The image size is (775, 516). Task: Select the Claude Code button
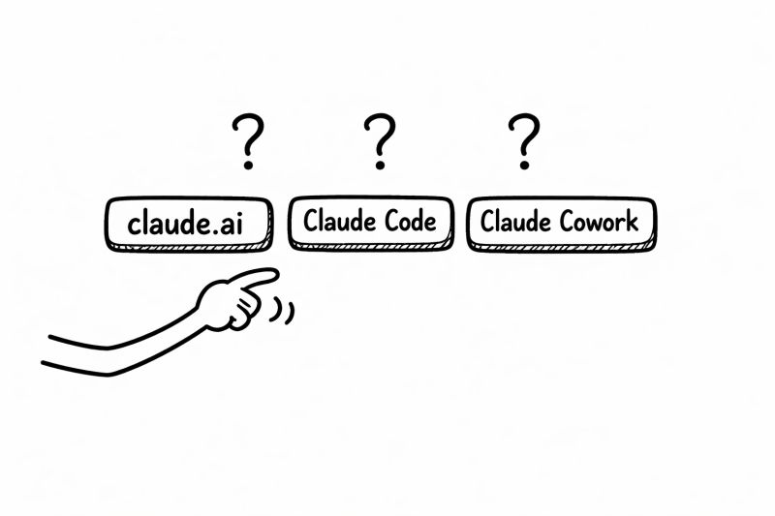(370, 223)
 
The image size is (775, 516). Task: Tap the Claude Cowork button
(560, 223)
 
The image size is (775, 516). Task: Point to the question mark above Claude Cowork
(524, 138)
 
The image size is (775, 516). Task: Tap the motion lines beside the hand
(285, 309)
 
